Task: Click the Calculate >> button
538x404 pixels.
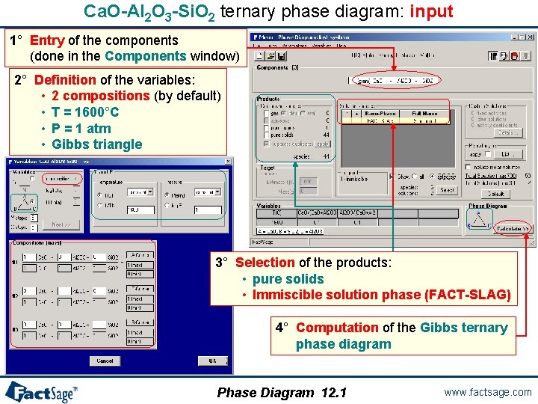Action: pyautogui.click(x=512, y=228)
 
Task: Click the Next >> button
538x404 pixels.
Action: pyautogui.click(x=61, y=224)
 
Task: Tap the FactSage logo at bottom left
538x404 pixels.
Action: pyautogui.click(x=41, y=391)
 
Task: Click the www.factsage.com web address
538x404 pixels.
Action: pyautogui.click(x=488, y=392)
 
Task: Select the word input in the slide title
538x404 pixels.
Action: pyautogui.click(x=431, y=11)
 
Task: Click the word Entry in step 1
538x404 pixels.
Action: pyautogui.click(x=47, y=40)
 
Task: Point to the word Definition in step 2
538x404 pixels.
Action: pyautogui.click(x=65, y=79)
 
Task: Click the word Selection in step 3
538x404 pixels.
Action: pyautogui.click(x=265, y=262)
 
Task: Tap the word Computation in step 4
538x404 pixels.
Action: pyautogui.click(x=337, y=327)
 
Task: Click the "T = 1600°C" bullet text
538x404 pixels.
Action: pyautogui.click(x=85, y=112)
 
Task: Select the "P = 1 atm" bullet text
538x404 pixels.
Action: pyautogui.click(x=81, y=128)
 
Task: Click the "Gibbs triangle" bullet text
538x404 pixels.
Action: pyautogui.click(x=96, y=144)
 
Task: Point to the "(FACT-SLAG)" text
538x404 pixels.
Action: pyautogui.click(x=468, y=295)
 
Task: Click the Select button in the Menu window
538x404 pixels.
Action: pyautogui.click(x=446, y=190)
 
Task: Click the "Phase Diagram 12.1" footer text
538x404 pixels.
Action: pyautogui.click(x=282, y=392)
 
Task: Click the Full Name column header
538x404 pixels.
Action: pyautogui.click(x=425, y=113)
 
